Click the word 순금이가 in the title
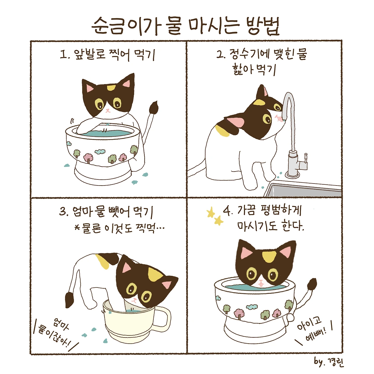click(x=124, y=26)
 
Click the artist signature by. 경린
click(x=329, y=361)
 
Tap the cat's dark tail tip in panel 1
click(x=154, y=108)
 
